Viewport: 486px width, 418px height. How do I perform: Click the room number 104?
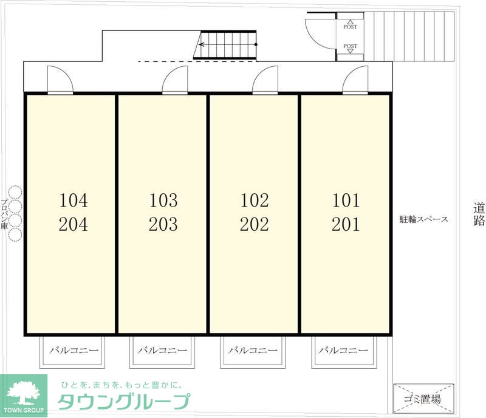pos(74,200)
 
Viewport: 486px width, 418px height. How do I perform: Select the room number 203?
pos(163,225)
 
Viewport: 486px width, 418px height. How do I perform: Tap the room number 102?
pos(254,200)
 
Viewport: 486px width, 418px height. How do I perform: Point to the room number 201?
pos(346,225)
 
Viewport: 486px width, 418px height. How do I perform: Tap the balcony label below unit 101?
pos(344,351)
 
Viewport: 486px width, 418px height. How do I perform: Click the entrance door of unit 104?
pos(60,80)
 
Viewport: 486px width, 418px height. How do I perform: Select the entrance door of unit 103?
pos(176,80)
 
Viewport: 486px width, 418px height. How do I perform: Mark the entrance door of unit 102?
pos(265,80)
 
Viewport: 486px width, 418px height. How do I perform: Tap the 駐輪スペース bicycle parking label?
pos(423,219)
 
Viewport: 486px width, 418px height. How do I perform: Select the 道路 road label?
pos(479,214)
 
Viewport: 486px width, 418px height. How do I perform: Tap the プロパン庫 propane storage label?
pos(4,213)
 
